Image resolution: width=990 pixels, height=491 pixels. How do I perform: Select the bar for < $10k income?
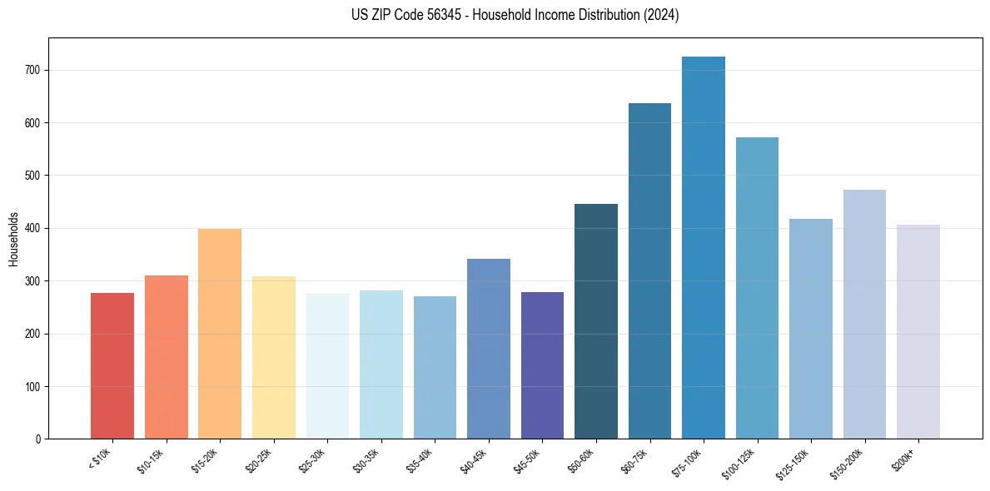pyautogui.click(x=112, y=366)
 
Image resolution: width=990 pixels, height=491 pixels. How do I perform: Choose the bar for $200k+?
pyautogui.click(x=918, y=332)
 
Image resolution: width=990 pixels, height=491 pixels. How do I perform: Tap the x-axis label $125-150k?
pyautogui.click(x=792, y=463)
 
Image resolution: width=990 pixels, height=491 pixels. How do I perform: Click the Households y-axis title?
pyautogui.click(x=13, y=239)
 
